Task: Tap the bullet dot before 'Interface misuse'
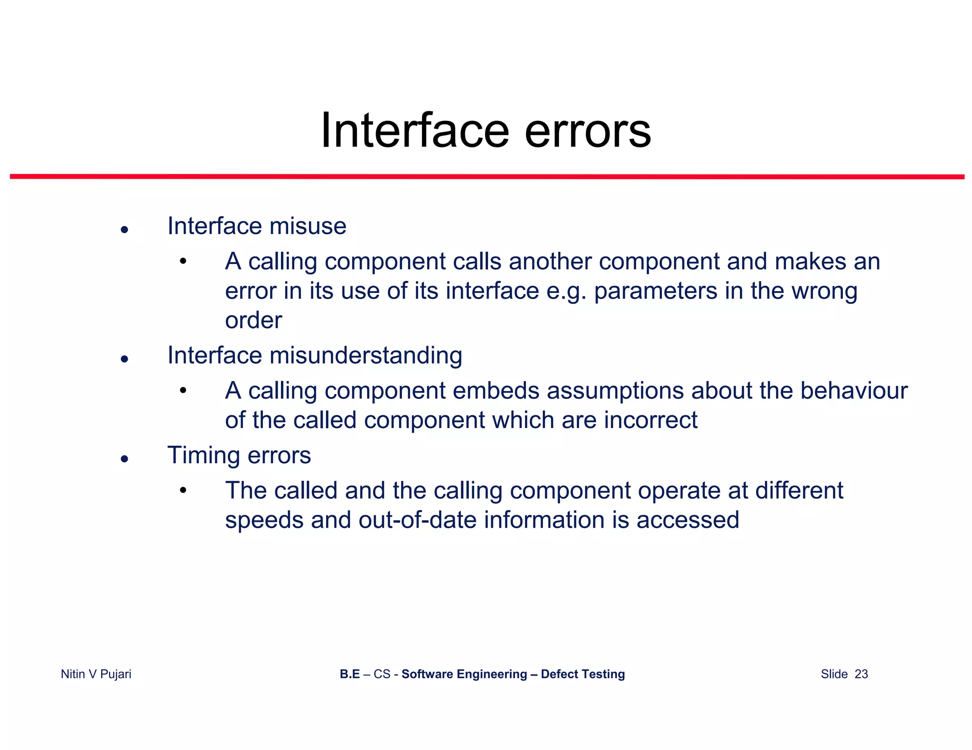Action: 124,230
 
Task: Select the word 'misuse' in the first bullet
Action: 308,226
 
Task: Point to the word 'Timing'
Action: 204,456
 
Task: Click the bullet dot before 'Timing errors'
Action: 124,458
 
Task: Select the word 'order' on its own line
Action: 253,320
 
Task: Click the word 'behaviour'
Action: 854,391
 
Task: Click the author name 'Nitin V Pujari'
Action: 96,674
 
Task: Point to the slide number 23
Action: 861,674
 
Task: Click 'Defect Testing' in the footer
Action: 582,674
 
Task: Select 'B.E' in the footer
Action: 349,674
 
